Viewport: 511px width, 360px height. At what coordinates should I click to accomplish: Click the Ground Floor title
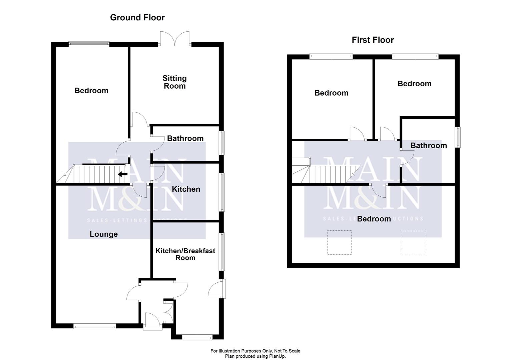(137, 17)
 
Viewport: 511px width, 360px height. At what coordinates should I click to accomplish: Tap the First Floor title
(373, 40)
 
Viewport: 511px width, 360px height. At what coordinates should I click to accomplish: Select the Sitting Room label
(174, 82)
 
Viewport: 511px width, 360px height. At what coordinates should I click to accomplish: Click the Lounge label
(103, 234)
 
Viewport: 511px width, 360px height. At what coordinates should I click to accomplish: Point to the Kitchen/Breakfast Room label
(185, 254)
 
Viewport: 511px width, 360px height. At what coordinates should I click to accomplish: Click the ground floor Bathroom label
(185, 138)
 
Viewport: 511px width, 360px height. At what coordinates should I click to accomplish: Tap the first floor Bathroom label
(429, 145)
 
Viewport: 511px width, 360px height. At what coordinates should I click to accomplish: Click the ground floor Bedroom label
(91, 91)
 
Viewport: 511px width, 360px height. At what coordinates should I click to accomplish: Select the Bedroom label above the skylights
(374, 219)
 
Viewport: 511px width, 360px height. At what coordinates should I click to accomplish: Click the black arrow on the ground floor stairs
(123, 174)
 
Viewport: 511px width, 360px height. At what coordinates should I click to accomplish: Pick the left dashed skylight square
(339, 242)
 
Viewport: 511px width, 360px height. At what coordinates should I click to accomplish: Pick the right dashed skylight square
(413, 243)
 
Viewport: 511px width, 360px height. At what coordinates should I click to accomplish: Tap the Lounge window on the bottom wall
(95, 326)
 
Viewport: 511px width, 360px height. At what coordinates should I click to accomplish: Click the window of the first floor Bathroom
(458, 137)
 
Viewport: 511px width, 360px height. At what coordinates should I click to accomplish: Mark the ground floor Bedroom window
(89, 44)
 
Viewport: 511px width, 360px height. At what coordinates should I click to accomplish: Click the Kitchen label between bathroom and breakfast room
(186, 189)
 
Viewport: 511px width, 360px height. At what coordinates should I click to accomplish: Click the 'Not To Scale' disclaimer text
(255, 351)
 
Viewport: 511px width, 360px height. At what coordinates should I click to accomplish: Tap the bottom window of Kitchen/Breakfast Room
(197, 337)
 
